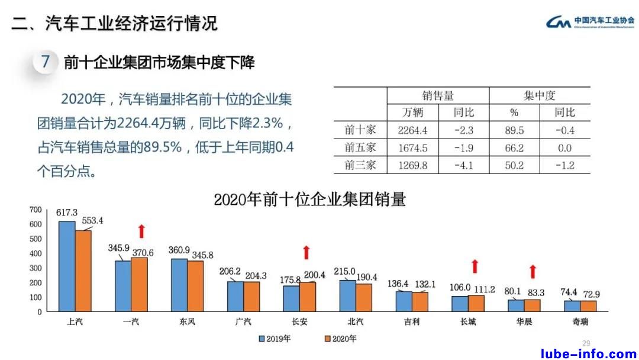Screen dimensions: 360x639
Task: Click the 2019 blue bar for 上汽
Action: (x=67, y=266)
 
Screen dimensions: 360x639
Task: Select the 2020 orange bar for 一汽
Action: (x=139, y=284)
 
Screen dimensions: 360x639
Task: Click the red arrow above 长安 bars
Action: (x=306, y=252)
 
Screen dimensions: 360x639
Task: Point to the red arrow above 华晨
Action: (x=532, y=272)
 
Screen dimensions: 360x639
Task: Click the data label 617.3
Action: (x=67, y=212)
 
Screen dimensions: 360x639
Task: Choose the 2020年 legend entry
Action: (x=340, y=339)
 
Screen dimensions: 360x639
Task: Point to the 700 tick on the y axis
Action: (x=35, y=210)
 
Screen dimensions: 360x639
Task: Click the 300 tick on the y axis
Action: (x=35, y=268)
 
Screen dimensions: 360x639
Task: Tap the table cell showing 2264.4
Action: (x=413, y=130)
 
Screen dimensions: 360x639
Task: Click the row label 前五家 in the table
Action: (x=360, y=147)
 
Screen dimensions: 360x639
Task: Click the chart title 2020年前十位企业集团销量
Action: (x=309, y=200)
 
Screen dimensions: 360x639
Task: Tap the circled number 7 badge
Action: (x=46, y=62)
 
